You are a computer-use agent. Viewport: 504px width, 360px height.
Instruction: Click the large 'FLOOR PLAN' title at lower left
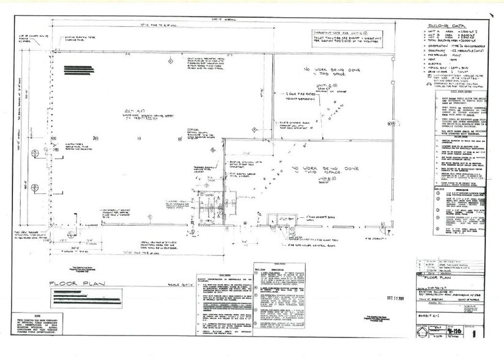[x=71, y=284]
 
